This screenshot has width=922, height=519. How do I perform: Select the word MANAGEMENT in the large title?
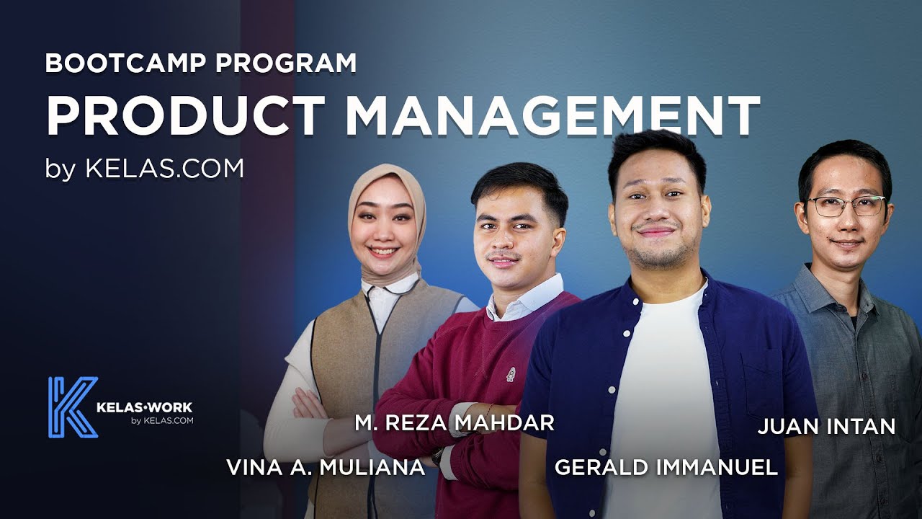(553, 116)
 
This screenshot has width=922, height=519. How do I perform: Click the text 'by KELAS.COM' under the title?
(145, 168)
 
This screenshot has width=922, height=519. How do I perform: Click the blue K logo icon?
(72, 407)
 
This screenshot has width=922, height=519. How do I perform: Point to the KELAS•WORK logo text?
(144, 408)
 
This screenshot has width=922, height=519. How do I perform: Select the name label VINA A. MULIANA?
(326, 467)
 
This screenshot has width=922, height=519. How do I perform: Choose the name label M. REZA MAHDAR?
(455, 423)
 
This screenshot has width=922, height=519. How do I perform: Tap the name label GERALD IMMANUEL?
(666, 467)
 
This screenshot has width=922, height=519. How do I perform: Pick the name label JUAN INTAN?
(826, 426)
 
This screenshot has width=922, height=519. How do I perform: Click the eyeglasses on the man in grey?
(846, 206)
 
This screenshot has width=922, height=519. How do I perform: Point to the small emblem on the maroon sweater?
(510, 375)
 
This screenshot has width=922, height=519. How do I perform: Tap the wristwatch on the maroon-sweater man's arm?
(437, 456)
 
